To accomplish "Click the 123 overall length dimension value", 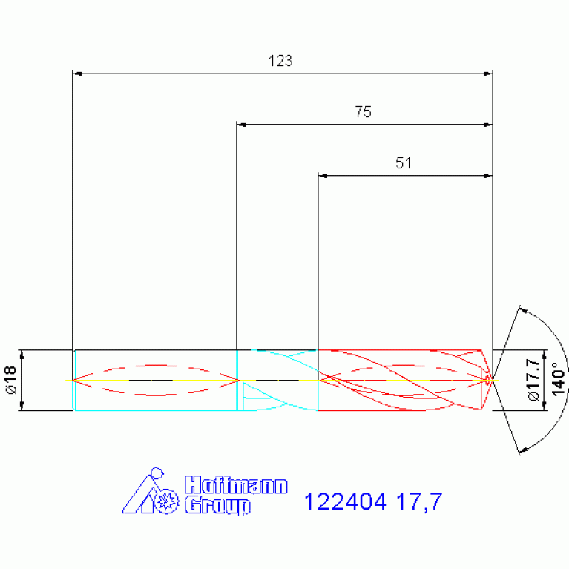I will (280, 62).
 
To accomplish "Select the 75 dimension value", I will (363, 113).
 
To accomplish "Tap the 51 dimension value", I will (403, 164).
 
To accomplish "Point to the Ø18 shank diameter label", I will (11, 379).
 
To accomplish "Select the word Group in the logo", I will (217, 506).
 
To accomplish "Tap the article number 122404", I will (346, 502).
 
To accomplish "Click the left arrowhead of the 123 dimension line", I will (77, 73).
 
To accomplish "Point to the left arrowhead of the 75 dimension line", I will (241, 125).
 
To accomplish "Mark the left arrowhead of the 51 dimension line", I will (323, 176).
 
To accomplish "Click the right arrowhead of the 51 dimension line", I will (487, 176).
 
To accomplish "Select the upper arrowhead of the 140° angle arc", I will (523, 309).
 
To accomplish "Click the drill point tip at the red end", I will (491, 380).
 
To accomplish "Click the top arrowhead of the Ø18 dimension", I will (22, 353).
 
